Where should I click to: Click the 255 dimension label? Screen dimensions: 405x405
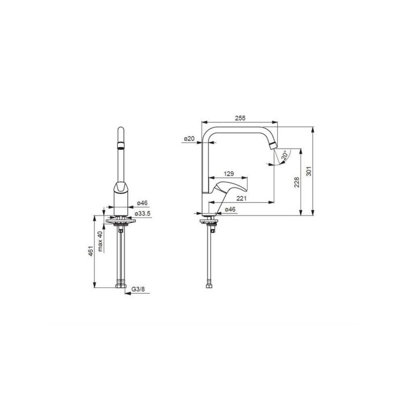[x=240, y=118]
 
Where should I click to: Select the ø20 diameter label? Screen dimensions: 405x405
[x=189, y=139]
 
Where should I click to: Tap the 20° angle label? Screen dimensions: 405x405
[x=285, y=155]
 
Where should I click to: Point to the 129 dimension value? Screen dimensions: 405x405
[x=229, y=174]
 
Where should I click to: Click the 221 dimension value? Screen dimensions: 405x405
[x=241, y=198]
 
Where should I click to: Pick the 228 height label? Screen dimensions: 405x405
[x=297, y=182]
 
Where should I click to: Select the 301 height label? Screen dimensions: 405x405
[x=309, y=171]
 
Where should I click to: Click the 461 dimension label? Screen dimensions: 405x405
[x=91, y=251]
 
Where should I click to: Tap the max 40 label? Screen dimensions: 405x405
[x=100, y=241]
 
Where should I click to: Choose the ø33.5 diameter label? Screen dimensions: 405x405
[x=142, y=214]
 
